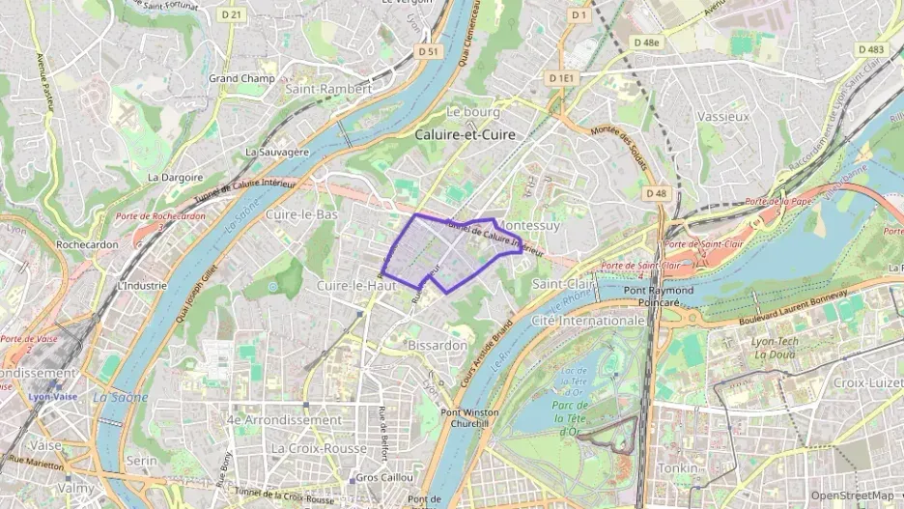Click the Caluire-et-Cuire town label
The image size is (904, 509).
(465, 135)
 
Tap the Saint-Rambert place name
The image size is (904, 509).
(328, 89)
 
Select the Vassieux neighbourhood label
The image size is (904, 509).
(722, 116)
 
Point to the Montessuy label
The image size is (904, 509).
(527, 225)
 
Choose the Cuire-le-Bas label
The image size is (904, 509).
(301, 214)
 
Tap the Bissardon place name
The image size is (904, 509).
(438, 345)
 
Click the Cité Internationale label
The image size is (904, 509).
(588, 320)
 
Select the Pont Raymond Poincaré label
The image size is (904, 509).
(658, 297)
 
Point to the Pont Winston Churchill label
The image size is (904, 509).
(469, 418)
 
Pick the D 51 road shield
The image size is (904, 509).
(429, 51)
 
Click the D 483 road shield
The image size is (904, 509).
(869, 49)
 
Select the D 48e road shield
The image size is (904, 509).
(646, 42)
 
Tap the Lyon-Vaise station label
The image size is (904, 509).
(52, 396)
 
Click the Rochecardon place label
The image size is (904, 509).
(87, 244)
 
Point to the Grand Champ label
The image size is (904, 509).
(241, 78)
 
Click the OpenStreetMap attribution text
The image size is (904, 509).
(852, 495)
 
